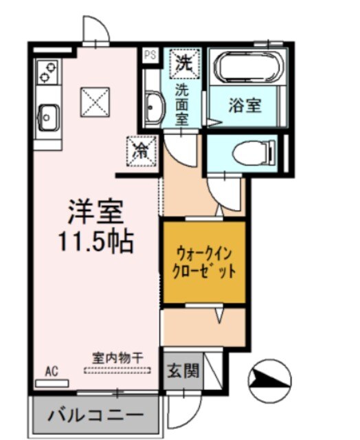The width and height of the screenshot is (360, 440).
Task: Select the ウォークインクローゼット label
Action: coord(203,261)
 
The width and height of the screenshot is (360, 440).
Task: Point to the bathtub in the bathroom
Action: coord(245,68)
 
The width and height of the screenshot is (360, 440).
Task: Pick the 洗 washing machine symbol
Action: coord(183,64)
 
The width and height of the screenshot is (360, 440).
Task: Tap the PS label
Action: coord(149,54)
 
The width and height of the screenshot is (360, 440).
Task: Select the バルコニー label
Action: coord(95,415)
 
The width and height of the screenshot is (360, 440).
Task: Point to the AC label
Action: coord(52,372)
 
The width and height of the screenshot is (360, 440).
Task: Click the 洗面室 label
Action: coord(182,102)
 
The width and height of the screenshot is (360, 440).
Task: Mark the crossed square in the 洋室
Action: coord(93,102)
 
